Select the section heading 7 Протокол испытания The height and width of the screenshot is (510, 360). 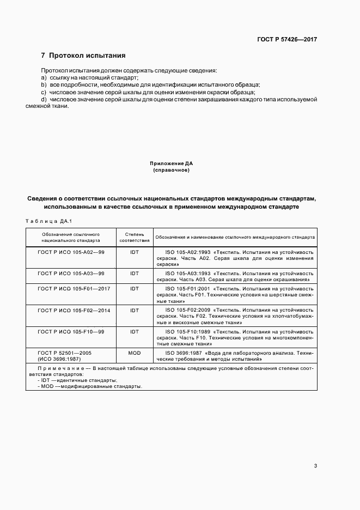point(83,56)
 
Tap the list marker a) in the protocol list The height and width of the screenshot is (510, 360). point(44,78)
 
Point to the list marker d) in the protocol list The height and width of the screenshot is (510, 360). point(44,99)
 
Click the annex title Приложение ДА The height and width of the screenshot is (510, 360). point(172,163)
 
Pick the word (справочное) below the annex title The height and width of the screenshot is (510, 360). point(172,170)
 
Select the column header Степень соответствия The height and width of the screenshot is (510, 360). point(135,236)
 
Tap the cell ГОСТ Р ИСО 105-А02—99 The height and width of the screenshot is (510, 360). point(71,253)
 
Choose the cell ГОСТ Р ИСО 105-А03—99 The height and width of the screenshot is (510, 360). point(71,272)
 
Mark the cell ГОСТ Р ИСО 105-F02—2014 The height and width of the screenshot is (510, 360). point(74,309)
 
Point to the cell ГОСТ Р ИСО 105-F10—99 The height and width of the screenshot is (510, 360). point(71,331)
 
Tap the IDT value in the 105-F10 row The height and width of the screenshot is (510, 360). point(135,331)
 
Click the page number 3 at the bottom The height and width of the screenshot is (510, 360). point(315,466)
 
